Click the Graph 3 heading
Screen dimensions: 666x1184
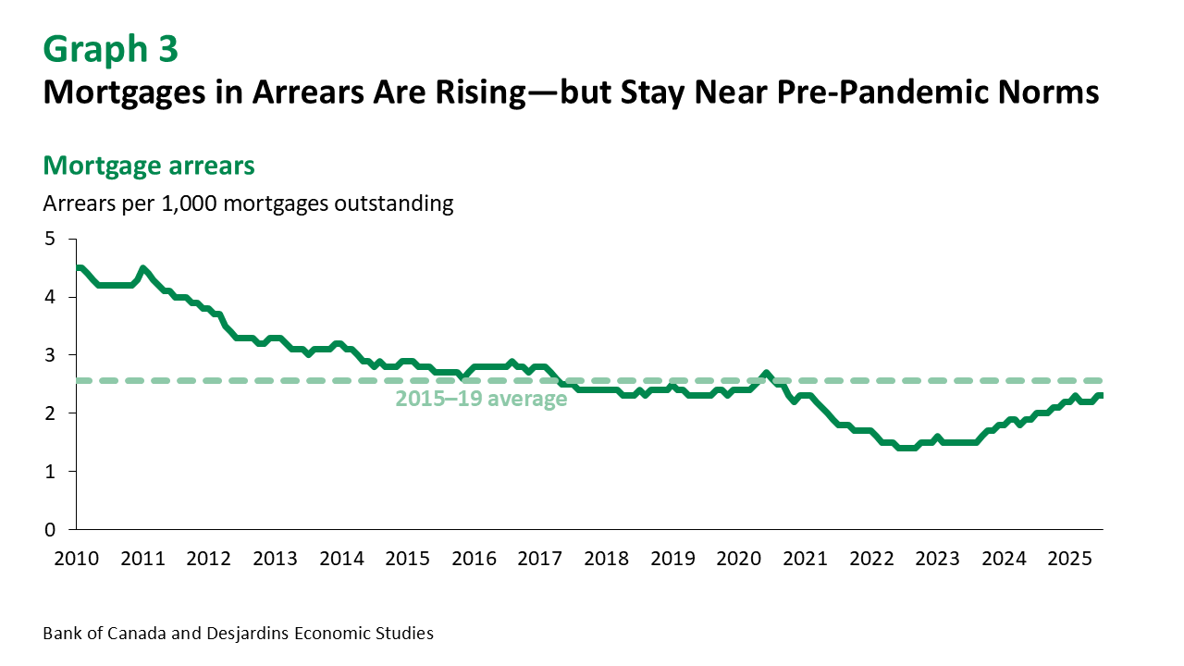(x=111, y=50)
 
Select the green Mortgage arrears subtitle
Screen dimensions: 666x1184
(x=149, y=166)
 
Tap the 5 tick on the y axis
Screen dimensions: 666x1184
(x=51, y=240)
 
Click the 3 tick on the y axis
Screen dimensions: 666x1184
(x=51, y=355)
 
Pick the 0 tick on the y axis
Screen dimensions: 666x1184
(x=51, y=530)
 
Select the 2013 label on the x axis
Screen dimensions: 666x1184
(x=275, y=559)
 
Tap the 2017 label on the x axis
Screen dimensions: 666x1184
(x=538, y=559)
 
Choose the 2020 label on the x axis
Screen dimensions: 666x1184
(x=738, y=559)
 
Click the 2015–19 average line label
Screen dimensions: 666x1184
(x=481, y=400)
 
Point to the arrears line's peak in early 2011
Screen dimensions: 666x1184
(x=142, y=269)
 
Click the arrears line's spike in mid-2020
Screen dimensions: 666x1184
(x=766, y=374)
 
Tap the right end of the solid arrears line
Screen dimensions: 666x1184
(x=1102, y=396)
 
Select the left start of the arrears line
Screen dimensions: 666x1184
(x=77, y=268)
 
